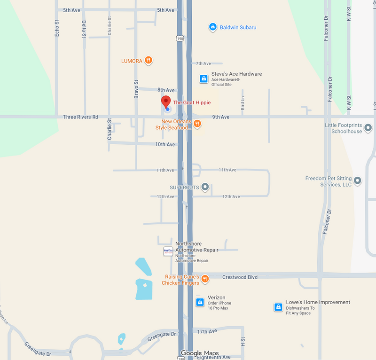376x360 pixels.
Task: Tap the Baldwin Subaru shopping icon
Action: tap(212, 27)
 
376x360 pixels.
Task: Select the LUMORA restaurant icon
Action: tap(149, 60)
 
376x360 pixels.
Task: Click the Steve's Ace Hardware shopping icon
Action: tap(203, 78)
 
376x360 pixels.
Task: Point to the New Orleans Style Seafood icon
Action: tap(197, 124)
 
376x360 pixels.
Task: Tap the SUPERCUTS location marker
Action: tap(204, 187)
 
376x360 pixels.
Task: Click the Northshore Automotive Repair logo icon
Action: tap(168, 251)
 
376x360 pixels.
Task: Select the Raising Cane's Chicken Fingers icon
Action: tap(204, 279)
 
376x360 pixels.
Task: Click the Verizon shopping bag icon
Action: tap(199, 302)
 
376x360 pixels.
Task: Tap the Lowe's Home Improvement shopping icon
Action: tap(278, 307)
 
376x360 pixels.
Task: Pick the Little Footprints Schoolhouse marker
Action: tap(368, 127)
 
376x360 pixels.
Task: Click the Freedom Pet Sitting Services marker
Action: tap(358, 180)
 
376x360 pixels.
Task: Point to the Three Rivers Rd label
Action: tap(80, 117)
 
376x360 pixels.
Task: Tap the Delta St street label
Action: tap(84, 29)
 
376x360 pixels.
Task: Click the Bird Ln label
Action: tap(243, 103)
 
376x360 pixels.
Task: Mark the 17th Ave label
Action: tap(207, 331)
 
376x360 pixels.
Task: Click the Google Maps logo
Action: tap(200, 353)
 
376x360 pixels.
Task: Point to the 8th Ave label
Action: tap(166, 90)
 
